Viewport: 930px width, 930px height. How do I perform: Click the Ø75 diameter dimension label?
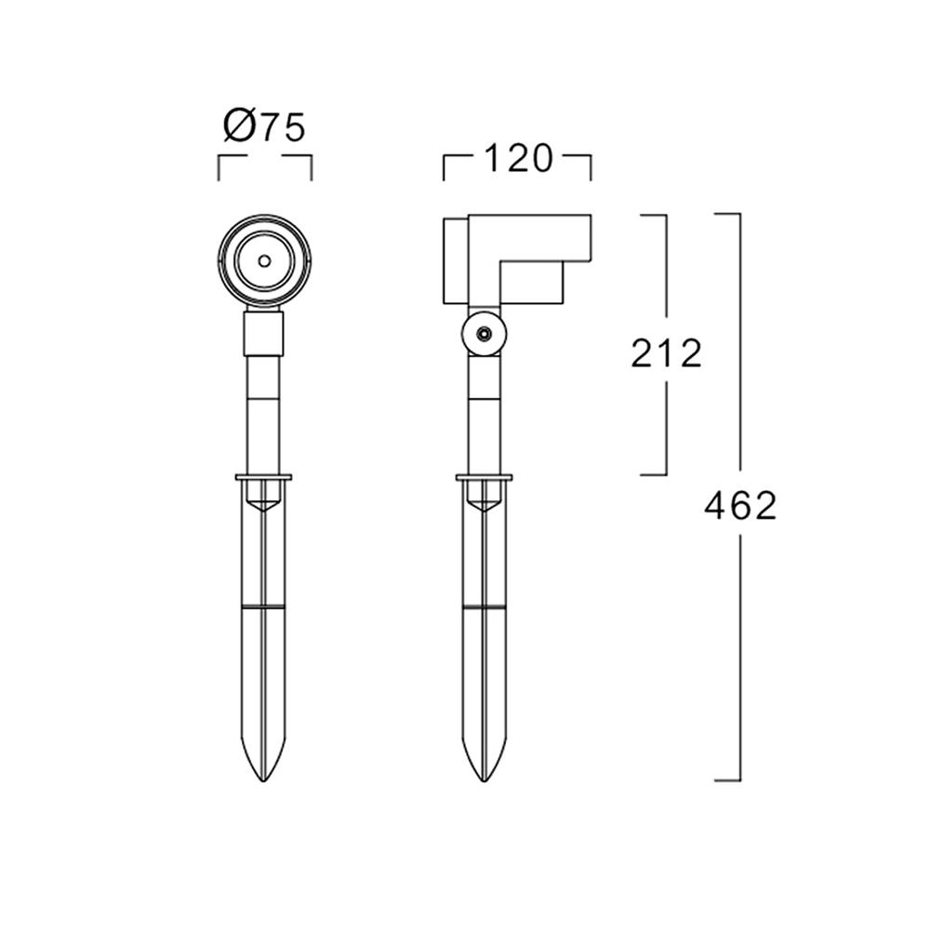(x=264, y=126)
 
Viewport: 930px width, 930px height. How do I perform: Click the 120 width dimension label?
(x=518, y=158)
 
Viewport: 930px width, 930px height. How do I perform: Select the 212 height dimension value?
(x=666, y=353)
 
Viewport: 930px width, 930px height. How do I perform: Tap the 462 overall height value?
(x=740, y=506)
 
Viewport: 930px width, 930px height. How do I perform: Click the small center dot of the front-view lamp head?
(x=264, y=260)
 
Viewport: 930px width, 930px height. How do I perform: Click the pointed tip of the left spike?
(x=263, y=780)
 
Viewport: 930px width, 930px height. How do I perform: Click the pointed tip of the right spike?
(x=485, y=780)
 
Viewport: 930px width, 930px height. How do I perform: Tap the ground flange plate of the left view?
(x=264, y=477)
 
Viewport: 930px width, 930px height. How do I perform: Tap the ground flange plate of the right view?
(x=485, y=477)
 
